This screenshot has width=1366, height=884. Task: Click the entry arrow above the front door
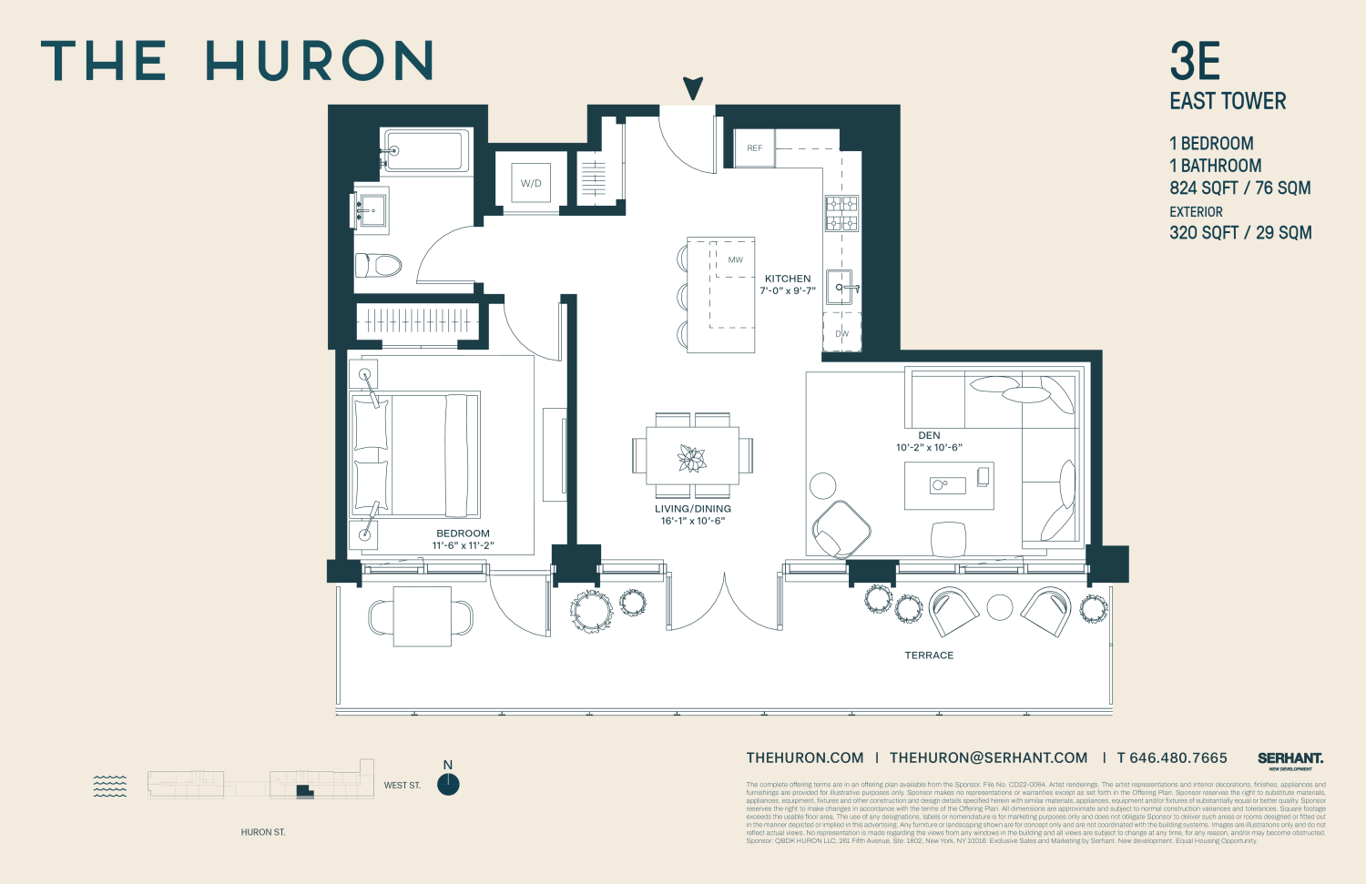coord(693,88)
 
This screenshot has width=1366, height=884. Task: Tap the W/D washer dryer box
coord(531,183)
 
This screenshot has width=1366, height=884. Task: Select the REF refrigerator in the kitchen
coord(755,148)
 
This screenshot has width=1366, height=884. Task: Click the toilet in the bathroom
coord(378,266)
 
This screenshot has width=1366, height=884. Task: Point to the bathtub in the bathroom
coord(426,150)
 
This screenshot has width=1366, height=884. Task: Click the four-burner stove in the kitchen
coord(841,213)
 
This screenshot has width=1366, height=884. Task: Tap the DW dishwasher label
coord(841,334)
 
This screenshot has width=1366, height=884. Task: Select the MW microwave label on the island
coord(735,259)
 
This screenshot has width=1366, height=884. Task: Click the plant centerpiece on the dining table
coord(692,458)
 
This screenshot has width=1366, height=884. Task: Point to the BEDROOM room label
coord(463,533)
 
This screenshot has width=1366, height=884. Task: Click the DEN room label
coord(929,435)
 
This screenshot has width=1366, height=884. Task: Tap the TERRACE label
coord(929,655)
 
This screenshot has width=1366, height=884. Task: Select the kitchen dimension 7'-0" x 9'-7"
coord(788,291)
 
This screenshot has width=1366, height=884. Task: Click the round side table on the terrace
coord(1000,607)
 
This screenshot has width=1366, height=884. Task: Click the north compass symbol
coord(448,784)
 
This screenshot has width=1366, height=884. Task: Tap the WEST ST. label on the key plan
coord(402,785)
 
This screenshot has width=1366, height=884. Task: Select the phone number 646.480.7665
coord(1177,757)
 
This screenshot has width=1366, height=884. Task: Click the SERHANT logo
coord(1290,758)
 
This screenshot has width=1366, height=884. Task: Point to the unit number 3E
coord(1195,62)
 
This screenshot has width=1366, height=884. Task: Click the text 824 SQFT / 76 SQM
coord(1239,188)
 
